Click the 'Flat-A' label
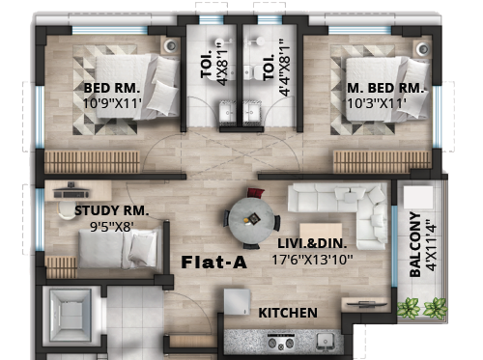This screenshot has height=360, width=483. coord(214,263)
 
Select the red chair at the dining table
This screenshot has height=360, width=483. coord(256,193)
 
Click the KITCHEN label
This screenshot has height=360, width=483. coord(288,313)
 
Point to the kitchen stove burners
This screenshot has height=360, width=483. coord(281,342)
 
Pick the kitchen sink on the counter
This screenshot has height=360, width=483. coord(325,341)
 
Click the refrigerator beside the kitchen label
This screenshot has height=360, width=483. coord(237,302)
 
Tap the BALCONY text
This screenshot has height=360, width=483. coord(415,244)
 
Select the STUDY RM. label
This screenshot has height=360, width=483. coord(112,210)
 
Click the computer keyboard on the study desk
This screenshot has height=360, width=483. coord(71,194)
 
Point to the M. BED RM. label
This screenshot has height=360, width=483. coord(385,88)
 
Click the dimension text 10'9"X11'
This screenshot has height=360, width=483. coord(112,103)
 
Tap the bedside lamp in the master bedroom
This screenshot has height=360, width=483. coord(422,49)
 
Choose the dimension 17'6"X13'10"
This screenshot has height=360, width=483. coord(312,260)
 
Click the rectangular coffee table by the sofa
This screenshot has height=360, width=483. coord(321,233)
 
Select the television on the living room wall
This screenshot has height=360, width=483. coord(365,303)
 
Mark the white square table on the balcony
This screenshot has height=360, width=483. coord(418,197)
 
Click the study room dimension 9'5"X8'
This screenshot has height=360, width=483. coord(111,227)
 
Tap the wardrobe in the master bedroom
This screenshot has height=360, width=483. coord(382,161)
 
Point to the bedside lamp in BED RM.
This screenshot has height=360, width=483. coord(171,46)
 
